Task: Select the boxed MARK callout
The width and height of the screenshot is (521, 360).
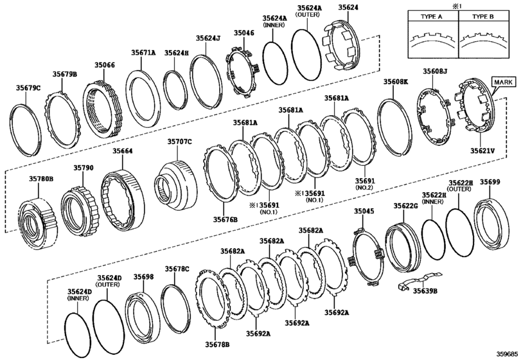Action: point(503,82)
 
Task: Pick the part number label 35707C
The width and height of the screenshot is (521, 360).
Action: point(180,141)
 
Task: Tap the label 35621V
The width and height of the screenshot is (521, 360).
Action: point(481,151)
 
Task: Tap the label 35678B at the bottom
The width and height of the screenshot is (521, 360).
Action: point(216,345)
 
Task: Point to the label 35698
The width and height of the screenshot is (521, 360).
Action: point(143,276)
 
